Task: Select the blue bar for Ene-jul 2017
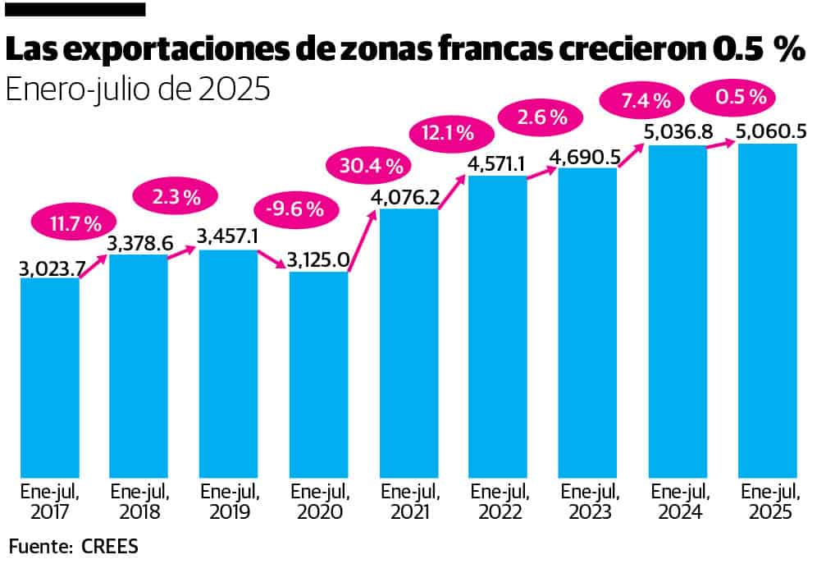(50, 378)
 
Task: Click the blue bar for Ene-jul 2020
(319, 374)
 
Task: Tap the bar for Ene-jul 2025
(768, 312)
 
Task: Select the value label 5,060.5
(767, 131)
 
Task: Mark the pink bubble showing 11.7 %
(71, 223)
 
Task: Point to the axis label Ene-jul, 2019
(229, 502)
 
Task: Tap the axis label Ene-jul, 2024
(678, 502)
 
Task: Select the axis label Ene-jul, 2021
(408, 502)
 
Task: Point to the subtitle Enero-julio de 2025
(138, 88)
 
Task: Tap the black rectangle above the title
(76, 10)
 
